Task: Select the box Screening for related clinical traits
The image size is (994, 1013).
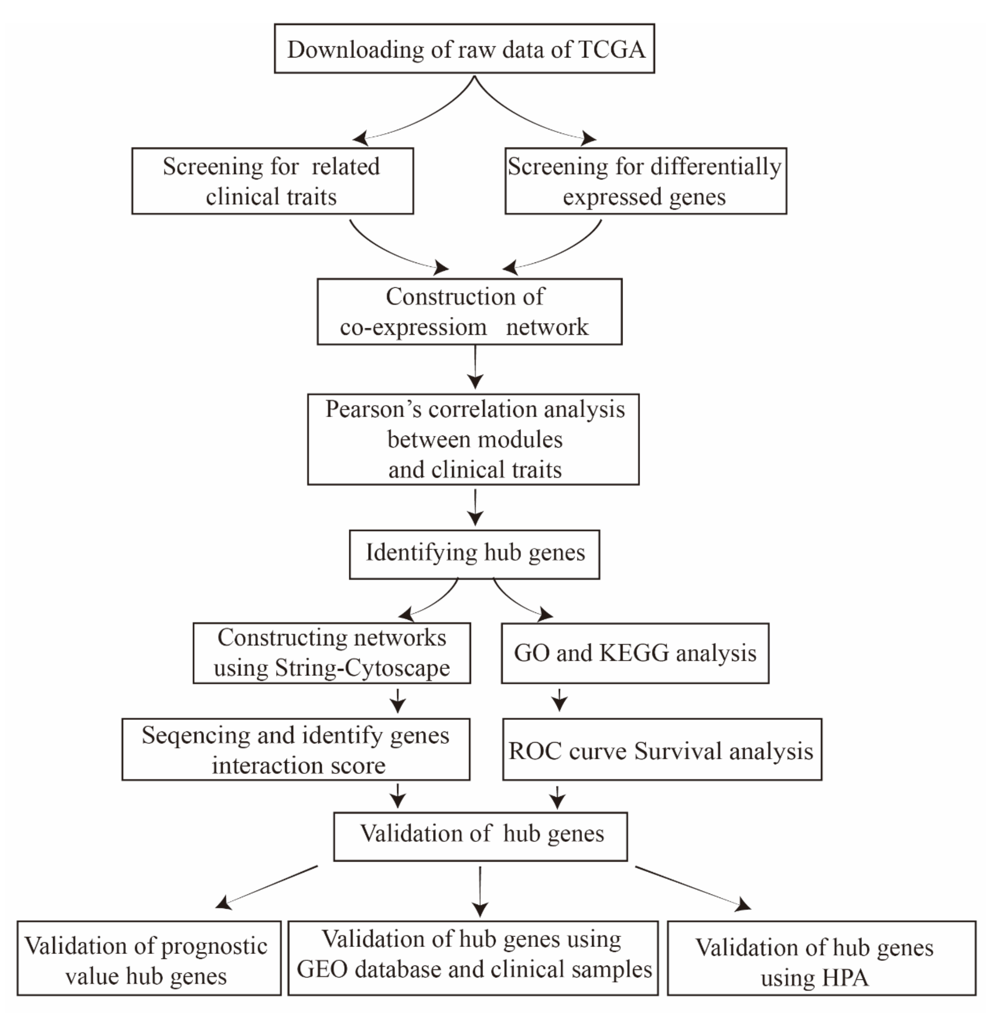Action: coord(273,181)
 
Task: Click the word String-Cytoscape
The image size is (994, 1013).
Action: coord(362,668)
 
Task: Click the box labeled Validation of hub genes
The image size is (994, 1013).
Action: coord(480,836)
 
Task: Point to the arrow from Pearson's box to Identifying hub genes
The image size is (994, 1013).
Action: coord(475,508)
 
